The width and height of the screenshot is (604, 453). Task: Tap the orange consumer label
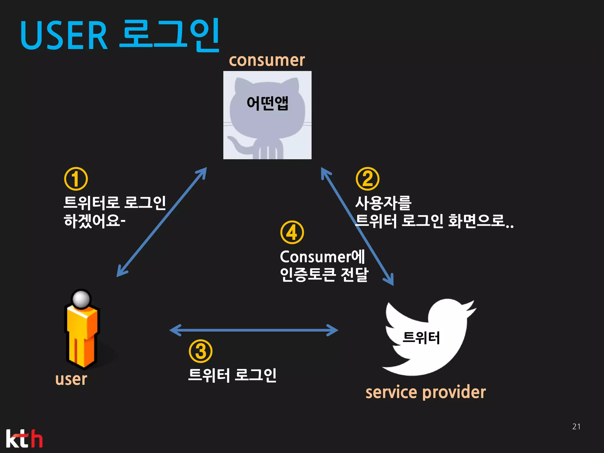point(267,60)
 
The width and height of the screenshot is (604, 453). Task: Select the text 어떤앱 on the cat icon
point(267,103)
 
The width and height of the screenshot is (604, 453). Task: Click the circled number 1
point(76,179)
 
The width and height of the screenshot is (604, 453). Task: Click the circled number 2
point(367,179)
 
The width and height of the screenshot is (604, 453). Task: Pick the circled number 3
point(201,351)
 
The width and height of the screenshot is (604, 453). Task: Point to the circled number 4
point(292,232)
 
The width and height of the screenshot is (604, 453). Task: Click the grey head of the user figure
point(81,299)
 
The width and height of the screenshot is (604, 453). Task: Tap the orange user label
point(71,379)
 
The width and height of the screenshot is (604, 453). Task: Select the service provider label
point(425,392)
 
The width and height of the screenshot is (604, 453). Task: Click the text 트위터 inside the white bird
point(421,338)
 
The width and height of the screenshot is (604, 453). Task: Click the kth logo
point(24,439)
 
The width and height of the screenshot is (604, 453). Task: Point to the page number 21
point(576,426)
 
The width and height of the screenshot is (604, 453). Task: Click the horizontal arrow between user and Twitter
point(254,330)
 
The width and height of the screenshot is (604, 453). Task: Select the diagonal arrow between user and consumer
point(162,222)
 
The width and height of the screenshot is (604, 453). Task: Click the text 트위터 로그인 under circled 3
point(232,375)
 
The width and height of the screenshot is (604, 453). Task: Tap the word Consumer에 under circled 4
point(322,257)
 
